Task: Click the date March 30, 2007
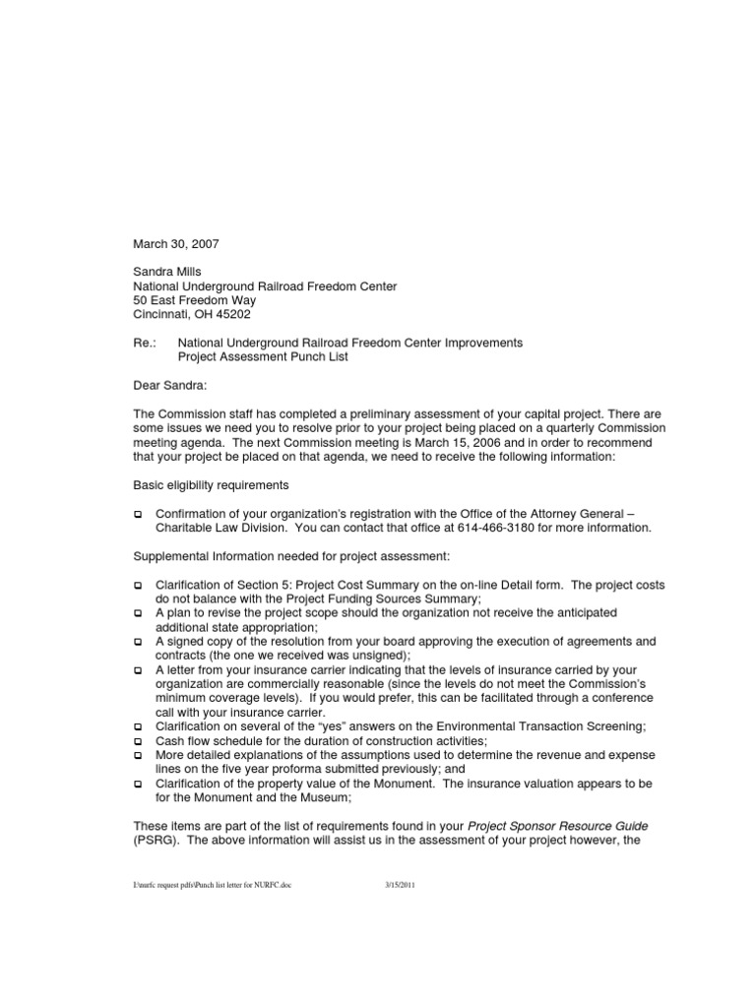pyautogui.click(x=175, y=243)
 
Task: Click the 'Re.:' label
pyautogui.click(x=145, y=343)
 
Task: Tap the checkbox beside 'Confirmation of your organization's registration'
pyautogui.click(x=138, y=514)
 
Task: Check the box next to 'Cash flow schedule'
pyautogui.click(x=138, y=740)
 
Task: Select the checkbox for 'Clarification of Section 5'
pyautogui.click(x=138, y=585)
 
